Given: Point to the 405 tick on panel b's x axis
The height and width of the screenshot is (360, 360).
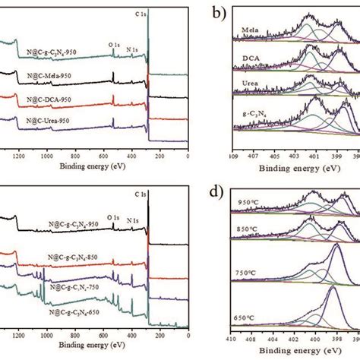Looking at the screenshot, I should point(276,156).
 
